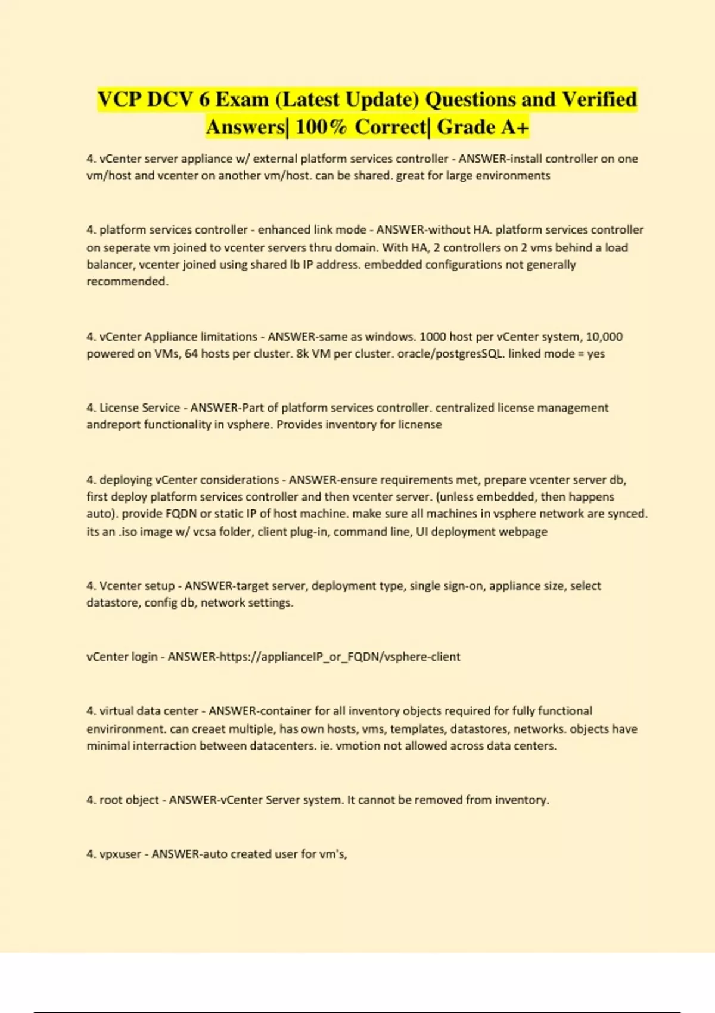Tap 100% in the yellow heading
(321, 127)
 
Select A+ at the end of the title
(515, 127)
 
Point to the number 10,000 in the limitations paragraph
(604, 337)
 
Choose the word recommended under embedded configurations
(127, 281)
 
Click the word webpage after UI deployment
(523, 532)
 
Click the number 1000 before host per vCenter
(433, 337)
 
